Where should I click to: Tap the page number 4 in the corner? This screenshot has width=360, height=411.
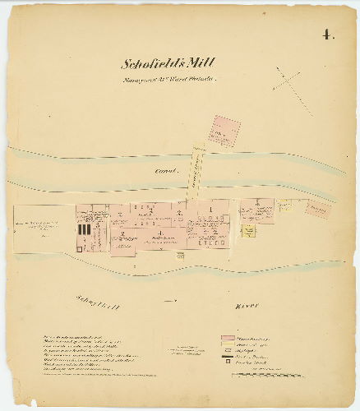pyautogui.click(x=327, y=35)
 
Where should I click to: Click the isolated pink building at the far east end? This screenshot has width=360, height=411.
pyautogui.click(x=316, y=208)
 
